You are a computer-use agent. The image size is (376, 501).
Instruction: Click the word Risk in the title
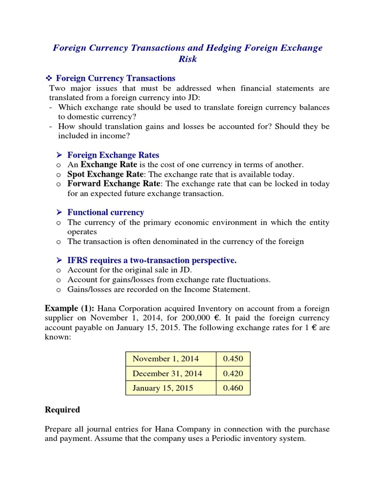click(x=188, y=59)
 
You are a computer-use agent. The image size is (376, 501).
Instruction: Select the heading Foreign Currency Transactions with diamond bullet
click(x=116, y=78)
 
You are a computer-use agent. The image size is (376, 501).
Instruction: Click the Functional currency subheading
click(x=106, y=212)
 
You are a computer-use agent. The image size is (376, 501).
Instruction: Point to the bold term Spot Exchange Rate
click(x=105, y=174)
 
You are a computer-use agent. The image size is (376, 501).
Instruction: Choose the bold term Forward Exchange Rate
click(x=114, y=184)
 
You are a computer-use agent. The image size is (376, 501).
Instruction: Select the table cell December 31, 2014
click(x=166, y=373)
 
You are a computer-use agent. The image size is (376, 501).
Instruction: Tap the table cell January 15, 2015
click(x=163, y=388)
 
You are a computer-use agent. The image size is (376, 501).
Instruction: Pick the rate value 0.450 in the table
click(x=233, y=359)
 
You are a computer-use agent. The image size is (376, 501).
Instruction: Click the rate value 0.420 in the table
click(x=233, y=373)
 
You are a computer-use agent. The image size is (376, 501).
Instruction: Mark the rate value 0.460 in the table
click(x=233, y=388)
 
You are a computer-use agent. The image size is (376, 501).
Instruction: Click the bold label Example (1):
click(x=70, y=308)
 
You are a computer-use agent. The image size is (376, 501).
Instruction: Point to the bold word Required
click(x=62, y=410)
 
